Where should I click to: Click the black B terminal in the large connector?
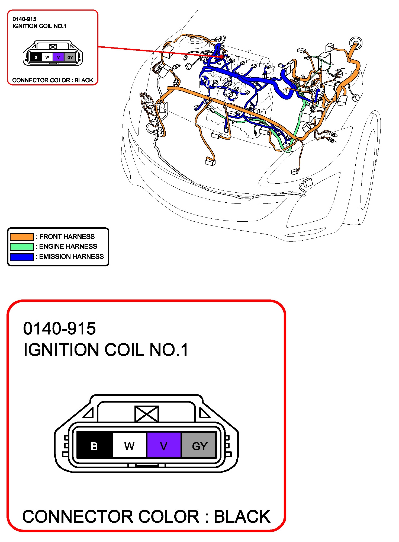pos(94,445)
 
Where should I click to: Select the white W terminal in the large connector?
pos(129,445)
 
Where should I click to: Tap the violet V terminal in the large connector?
pos(164,445)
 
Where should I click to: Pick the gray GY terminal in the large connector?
pos(199,445)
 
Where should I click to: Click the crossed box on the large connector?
pos(147,414)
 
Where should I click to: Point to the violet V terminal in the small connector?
pos(58,57)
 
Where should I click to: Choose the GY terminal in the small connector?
pos(70,57)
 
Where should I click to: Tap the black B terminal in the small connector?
pos(36,57)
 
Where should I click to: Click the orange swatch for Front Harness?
pos(22,237)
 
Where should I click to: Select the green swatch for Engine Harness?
pos(22,246)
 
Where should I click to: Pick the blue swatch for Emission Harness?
pos(22,257)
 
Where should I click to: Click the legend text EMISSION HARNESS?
pos(71,257)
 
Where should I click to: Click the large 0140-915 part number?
pos(59,329)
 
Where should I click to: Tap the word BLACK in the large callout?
pos(242,517)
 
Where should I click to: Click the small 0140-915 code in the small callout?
pos(24,19)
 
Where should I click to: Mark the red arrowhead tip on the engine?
pos(223,57)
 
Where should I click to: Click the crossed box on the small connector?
pos(53,47)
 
